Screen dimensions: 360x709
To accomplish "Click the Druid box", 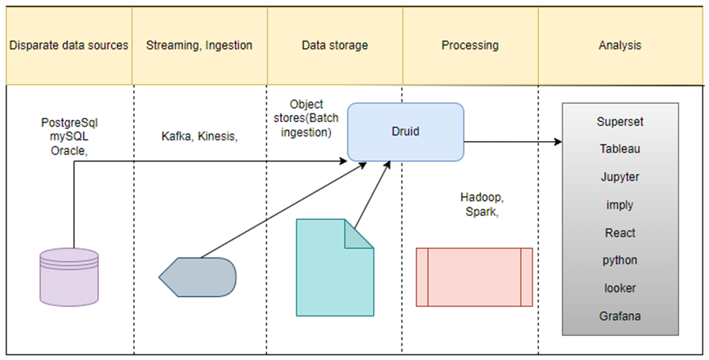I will coord(405,132).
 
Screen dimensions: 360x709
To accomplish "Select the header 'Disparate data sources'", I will coord(68,45).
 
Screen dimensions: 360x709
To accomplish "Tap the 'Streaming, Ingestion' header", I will coord(199,45).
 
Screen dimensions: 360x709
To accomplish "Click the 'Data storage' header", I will coord(335,45).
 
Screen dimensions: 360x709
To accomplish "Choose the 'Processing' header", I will coord(470,45).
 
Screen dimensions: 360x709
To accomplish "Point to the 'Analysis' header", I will coord(620,45).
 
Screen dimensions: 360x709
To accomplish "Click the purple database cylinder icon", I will coord(69,276).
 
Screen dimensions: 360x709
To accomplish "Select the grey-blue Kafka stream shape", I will coord(198,277).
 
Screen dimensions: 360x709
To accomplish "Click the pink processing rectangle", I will coord(474,276).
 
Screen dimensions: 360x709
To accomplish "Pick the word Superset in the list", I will coord(620,121).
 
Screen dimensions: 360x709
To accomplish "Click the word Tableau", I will coord(620,149).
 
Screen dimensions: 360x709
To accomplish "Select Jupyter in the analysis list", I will coord(620,177).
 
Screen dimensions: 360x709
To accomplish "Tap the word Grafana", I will coord(620,316).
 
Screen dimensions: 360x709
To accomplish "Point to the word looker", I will coord(620,288).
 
